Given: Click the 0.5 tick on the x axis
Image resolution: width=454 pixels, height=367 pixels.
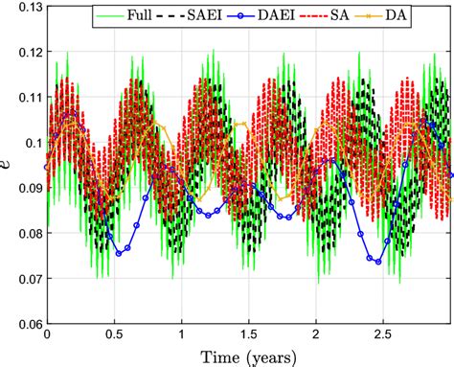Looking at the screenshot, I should click(x=114, y=337).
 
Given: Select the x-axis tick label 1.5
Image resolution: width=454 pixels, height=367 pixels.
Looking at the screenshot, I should click(x=248, y=337).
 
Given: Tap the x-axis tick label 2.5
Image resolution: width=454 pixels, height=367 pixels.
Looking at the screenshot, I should click(x=383, y=337).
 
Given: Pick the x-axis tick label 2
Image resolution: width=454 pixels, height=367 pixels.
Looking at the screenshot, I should click(x=316, y=337).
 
